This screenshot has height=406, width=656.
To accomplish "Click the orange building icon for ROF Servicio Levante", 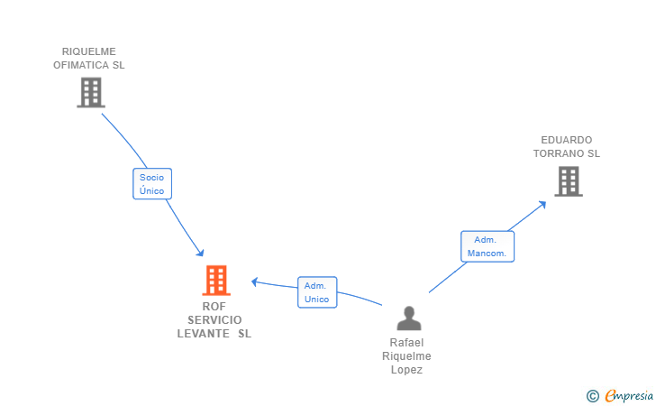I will click(x=216, y=281).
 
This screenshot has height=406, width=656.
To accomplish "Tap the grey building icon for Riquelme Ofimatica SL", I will click(x=90, y=92).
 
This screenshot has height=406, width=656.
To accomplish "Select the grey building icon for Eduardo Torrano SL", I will click(x=568, y=181).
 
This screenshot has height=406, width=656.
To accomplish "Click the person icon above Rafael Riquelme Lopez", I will click(x=409, y=318).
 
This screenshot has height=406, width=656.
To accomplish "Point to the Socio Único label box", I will click(x=151, y=184).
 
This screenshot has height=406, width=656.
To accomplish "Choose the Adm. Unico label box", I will click(x=317, y=292).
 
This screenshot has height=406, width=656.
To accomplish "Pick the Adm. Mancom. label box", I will click(x=487, y=246).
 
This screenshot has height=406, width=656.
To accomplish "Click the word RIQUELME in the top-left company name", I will click(x=89, y=51).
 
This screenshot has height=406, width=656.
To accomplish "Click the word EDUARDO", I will click(x=567, y=140).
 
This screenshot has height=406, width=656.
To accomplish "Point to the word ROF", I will click(x=214, y=306).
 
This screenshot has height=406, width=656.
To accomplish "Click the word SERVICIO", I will click(x=214, y=319).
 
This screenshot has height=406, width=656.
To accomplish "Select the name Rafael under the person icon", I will click(x=406, y=343).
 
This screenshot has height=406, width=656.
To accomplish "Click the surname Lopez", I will click(x=406, y=370).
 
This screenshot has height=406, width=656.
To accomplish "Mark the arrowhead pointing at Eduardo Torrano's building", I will click(x=542, y=204).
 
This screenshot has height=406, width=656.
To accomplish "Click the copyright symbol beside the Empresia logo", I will click(x=592, y=395).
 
